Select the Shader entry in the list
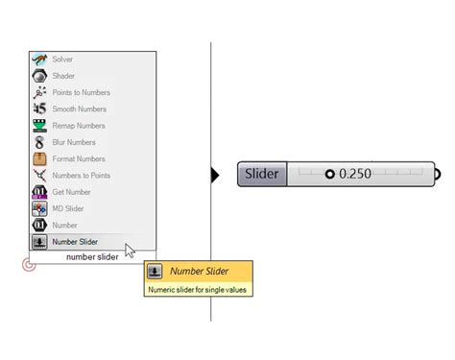(64, 76)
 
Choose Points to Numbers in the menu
(81, 92)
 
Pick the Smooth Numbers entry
(77, 109)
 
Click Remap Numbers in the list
(77, 126)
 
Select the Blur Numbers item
(73, 142)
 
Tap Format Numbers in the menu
(78, 158)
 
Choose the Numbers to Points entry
(81, 176)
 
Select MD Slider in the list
(69, 208)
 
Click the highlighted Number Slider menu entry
(75, 242)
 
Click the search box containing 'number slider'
(93, 256)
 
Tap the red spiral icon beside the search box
(29, 264)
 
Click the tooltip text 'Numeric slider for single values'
(199, 288)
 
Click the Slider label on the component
(262, 174)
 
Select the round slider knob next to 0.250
(330, 174)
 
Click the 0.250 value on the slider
(356, 174)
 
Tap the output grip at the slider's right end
(438, 174)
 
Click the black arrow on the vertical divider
(215, 174)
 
